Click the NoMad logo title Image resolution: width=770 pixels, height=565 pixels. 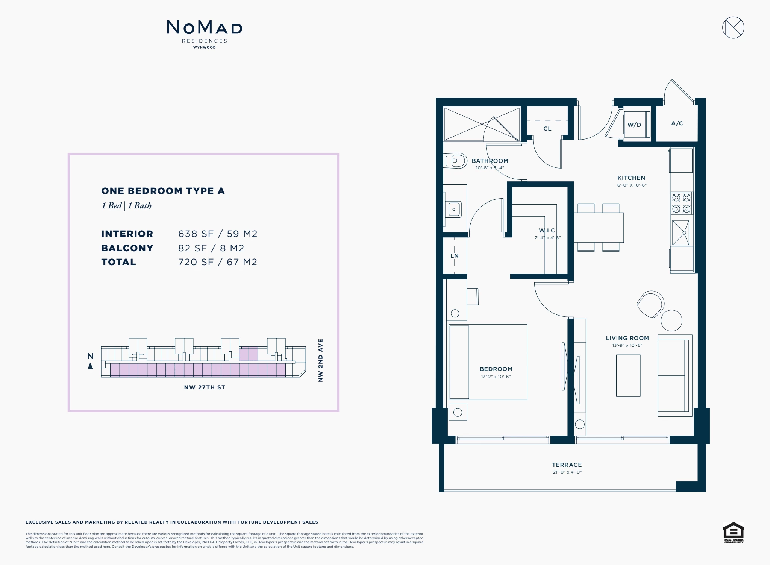(x=205, y=27)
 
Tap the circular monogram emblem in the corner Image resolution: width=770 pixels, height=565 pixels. (x=733, y=27)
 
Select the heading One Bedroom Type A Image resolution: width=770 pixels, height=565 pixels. (x=163, y=191)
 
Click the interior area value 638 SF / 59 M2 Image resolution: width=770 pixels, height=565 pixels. (x=218, y=234)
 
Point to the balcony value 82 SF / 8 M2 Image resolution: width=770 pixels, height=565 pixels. (x=211, y=248)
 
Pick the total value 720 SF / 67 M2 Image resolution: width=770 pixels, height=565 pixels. (x=218, y=262)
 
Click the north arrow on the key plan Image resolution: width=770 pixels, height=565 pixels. (x=90, y=366)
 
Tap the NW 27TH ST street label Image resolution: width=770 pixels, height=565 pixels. (x=205, y=387)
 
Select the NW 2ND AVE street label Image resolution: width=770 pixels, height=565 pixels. (x=320, y=360)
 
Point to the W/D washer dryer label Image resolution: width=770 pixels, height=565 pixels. (x=634, y=125)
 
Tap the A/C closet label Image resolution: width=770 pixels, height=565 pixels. (x=677, y=123)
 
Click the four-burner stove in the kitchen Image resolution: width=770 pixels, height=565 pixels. (x=681, y=203)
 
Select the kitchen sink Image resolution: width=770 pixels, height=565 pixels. (x=681, y=233)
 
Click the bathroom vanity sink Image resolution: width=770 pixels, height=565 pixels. (x=454, y=210)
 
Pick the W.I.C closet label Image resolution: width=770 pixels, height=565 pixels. (x=547, y=231)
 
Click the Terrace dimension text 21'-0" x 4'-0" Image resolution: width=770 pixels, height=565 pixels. (x=567, y=472)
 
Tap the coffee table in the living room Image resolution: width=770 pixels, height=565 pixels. (x=628, y=375)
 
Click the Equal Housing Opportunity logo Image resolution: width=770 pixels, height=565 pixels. (x=734, y=533)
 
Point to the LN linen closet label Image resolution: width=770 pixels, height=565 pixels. (x=455, y=256)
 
